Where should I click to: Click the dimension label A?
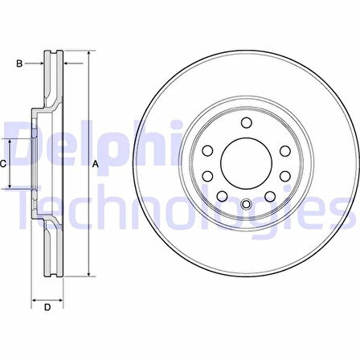(96, 165)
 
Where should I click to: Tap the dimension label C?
(3, 164)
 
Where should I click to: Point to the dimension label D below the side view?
(47, 307)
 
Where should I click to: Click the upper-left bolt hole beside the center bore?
(207, 150)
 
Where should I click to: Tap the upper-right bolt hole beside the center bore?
(283, 150)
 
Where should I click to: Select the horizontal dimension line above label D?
(47, 298)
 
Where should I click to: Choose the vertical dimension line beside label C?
(10, 164)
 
